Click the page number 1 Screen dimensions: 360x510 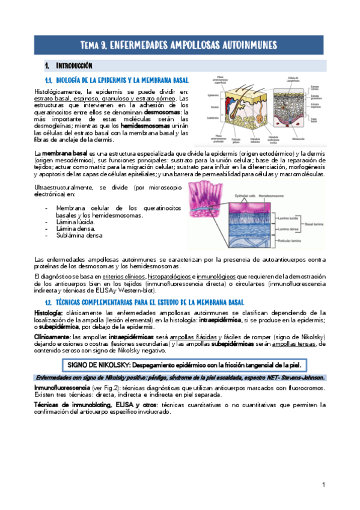click(x=323, y=484)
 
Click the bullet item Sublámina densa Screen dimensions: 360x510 click(x=79, y=236)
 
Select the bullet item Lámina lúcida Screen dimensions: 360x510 click(x=75, y=221)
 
